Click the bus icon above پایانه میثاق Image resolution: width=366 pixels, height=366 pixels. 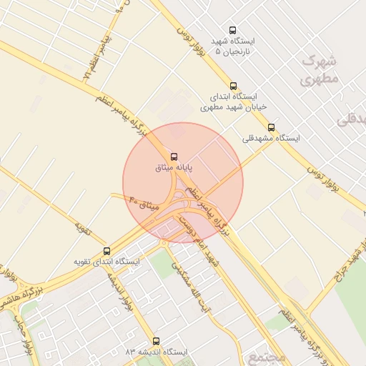[173, 157]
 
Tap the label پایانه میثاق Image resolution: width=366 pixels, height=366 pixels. [174, 169]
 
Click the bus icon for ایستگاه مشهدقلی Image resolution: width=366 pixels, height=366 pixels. [271, 127]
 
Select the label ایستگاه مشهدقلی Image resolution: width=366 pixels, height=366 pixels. [272, 138]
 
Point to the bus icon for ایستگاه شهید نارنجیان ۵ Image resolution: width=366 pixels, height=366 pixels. [232, 30]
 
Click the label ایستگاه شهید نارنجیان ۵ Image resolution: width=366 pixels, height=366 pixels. [232, 46]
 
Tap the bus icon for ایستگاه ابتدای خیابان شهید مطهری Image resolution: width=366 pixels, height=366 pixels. [233, 86]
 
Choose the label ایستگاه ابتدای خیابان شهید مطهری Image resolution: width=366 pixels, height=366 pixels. [233, 101]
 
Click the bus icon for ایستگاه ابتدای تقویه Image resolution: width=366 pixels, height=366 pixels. [107, 251]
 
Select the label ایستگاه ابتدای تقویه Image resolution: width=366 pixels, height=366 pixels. [108, 262]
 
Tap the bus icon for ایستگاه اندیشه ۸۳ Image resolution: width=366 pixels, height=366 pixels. [157, 342]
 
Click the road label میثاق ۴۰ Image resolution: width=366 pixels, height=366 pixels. [143, 202]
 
